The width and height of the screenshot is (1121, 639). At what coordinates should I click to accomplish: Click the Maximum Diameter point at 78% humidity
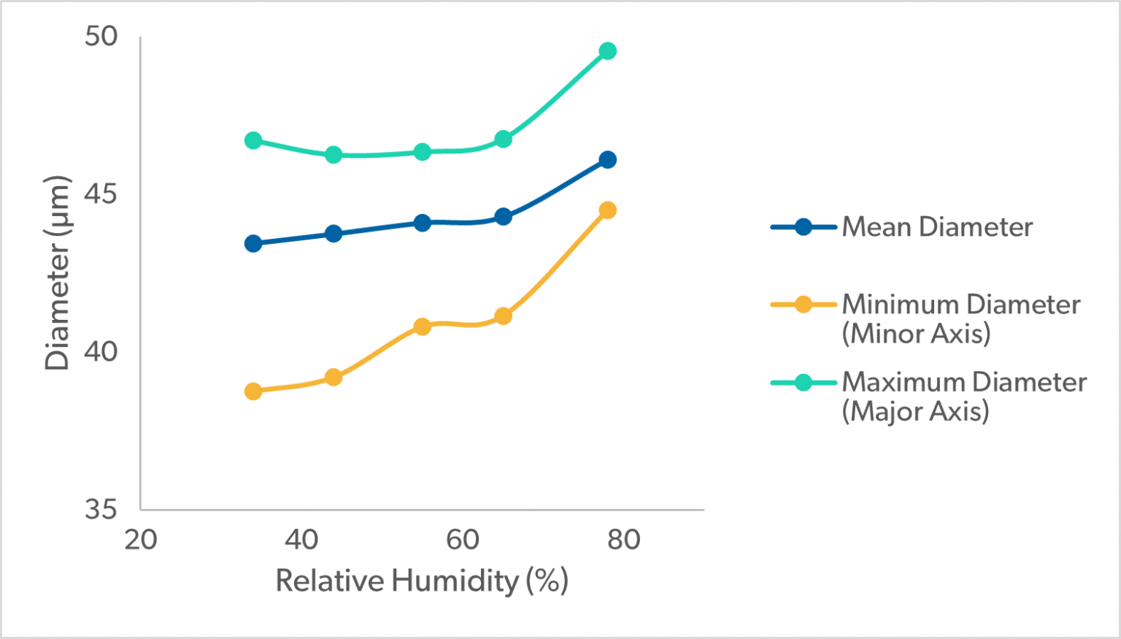(607, 51)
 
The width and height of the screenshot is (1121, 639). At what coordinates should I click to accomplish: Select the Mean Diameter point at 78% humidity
(607, 160)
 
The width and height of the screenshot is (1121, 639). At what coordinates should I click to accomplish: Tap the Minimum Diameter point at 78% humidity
(607, 210)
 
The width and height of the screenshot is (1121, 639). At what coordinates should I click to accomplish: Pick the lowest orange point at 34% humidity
(253, 391)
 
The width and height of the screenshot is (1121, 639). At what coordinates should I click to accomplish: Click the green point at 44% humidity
(334, 155)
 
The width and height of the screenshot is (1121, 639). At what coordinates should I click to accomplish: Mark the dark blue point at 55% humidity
(422, 223)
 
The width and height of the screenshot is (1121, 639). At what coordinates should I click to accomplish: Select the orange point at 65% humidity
(503, 316)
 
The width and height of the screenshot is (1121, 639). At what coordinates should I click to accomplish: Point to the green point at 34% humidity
(253, 140)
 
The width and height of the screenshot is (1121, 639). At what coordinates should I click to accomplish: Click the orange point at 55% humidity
(422, 326)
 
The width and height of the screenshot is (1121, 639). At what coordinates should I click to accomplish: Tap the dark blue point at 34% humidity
(253, 243)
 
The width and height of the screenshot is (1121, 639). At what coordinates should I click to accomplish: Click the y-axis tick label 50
(101, 36)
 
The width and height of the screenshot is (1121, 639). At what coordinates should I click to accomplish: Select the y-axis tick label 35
(101, 509)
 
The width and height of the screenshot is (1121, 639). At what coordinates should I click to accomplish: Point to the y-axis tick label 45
(101, 194)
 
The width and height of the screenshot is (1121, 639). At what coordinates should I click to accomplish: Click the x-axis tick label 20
(140, 540)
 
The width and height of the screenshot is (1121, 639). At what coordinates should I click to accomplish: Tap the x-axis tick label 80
(624, 540)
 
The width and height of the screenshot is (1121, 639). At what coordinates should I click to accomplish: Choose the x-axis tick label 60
(463, 540)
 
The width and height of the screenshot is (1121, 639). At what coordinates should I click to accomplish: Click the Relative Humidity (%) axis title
(421, 581)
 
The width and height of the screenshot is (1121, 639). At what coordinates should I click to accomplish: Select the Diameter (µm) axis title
(57, 272)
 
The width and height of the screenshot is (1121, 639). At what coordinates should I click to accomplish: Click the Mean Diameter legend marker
(803, 227)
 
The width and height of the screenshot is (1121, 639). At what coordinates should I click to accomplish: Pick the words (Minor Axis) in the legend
(917, 334)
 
